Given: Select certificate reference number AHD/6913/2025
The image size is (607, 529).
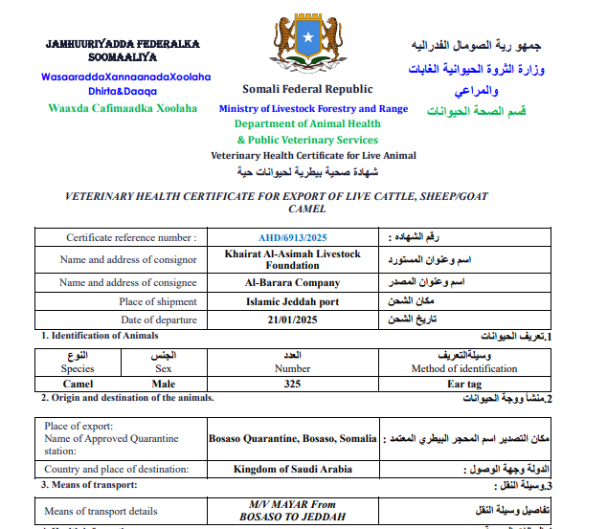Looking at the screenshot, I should point(292,237).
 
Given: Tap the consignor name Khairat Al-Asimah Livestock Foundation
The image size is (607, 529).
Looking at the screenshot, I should point(292,259).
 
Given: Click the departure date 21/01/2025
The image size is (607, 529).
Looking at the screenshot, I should point(292,320).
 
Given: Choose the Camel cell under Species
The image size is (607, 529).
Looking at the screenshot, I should point(78,383).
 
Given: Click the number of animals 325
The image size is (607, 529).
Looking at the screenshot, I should point(292,383).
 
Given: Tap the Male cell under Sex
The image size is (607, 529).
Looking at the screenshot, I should point(164,383).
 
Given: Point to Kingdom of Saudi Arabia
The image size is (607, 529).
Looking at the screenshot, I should point(292,469).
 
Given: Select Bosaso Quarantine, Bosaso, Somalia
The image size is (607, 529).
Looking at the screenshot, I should point(292,438).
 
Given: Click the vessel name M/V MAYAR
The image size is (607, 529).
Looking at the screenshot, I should point(279,504).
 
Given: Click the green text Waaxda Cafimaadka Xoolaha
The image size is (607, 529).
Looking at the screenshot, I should point(123,108).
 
